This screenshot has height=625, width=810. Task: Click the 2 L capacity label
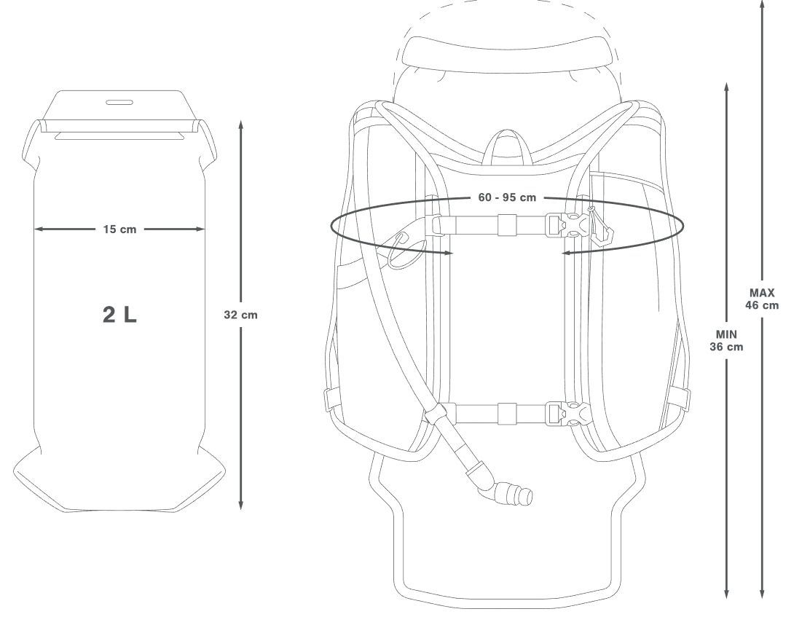(120, 315)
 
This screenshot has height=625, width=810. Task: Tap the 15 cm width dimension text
(120, 229)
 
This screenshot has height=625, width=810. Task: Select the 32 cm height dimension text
(240, 315)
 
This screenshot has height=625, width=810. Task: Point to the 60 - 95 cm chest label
(507, 197)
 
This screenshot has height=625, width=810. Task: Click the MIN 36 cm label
(726, 340)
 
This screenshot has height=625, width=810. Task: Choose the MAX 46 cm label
(762, 299)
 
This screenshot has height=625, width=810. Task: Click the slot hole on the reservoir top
(120, 102)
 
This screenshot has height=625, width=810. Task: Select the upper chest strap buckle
(567, 226)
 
